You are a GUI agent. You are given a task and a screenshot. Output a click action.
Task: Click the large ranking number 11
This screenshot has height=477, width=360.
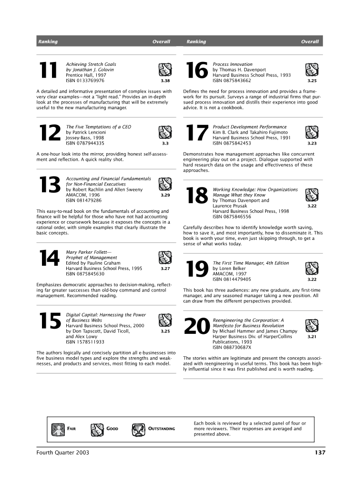(48, 72)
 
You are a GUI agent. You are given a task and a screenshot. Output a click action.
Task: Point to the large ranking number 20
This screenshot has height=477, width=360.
(197, 326)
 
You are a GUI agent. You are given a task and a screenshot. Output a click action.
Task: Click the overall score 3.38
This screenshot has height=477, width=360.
(165, 81)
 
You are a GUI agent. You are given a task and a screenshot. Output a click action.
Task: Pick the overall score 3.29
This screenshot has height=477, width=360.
(165, 195)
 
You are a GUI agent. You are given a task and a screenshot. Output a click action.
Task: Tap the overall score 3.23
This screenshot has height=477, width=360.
(312, 143)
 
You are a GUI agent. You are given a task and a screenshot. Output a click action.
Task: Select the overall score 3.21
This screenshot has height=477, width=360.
(312, 336)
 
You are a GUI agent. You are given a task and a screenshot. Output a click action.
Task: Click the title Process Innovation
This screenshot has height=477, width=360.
(233, 64)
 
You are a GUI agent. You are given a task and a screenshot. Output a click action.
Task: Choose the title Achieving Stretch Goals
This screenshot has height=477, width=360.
(91, 64)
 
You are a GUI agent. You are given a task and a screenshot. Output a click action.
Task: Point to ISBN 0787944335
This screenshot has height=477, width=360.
(85, 143)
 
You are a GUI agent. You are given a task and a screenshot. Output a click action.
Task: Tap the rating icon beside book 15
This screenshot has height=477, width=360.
(165, 320)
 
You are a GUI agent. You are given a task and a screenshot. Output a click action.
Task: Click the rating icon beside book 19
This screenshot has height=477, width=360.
(311, 269)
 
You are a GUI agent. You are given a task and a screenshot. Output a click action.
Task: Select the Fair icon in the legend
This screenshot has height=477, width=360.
(58, 429)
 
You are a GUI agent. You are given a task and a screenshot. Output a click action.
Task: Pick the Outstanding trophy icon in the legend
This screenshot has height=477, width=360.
(138, 429)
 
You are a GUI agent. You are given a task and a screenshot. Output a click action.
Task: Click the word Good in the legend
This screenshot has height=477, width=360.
(112, 429)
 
